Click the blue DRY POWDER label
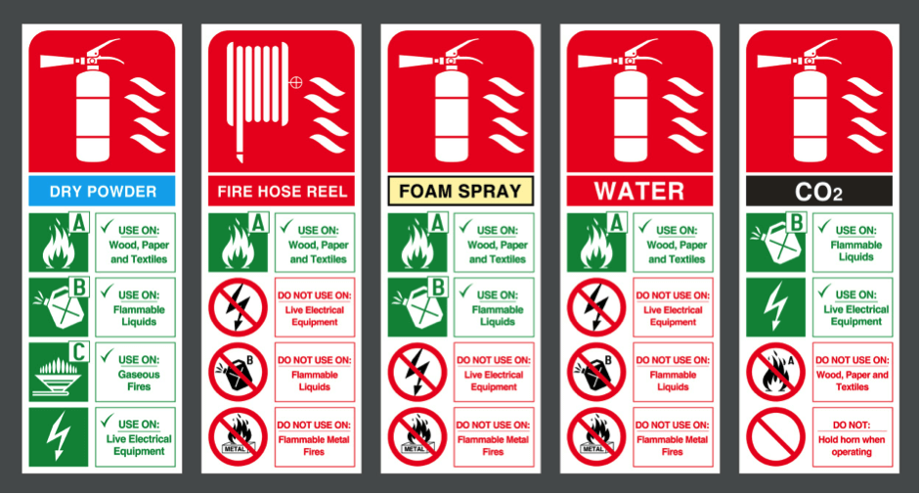coord(102,189)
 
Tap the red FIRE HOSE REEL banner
coord(281,189)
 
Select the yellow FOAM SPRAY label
coord(460,189)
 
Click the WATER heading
coord(639,189)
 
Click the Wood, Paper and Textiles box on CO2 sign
coord(852,373)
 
